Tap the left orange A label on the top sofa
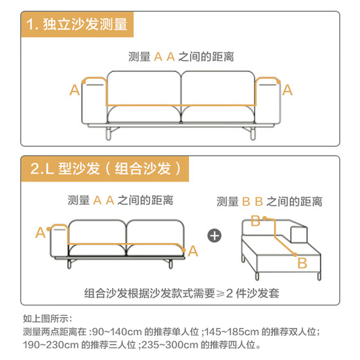74,89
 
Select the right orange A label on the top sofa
287,89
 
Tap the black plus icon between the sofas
215,235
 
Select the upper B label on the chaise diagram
255,221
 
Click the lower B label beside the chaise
302,263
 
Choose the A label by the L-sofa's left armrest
40,232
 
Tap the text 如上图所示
46,319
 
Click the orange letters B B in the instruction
253,201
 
